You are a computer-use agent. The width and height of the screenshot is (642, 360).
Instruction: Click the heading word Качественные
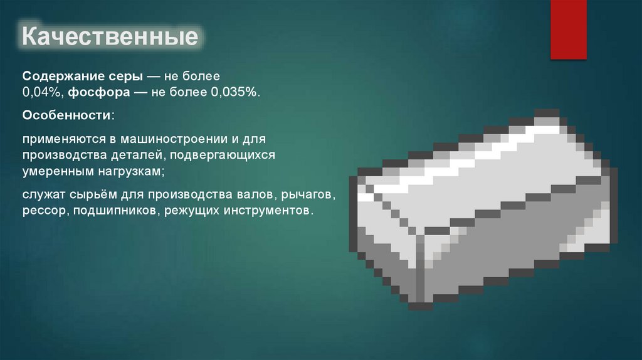click(x=110, y=37)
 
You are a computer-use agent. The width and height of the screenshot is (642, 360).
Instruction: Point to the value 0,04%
click(x=41, y=92)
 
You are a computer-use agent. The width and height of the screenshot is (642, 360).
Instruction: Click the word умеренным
click(x=54, y=170)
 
